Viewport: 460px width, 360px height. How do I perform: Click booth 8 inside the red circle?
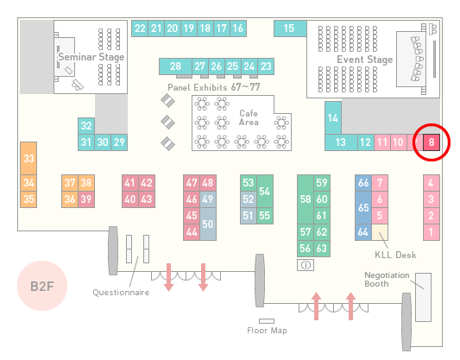click(432, 142)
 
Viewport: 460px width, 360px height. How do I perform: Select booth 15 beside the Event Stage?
click(290, 28)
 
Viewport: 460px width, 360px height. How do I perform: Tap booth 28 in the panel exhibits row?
click(175, 66)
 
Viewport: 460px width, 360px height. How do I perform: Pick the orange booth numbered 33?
click(28, 159)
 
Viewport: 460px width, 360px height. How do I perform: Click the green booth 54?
click(265, 192)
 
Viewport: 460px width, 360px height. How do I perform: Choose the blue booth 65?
click(363, 207)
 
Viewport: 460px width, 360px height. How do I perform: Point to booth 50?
click(208, 224)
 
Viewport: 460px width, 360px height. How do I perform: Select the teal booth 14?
click(333, 118)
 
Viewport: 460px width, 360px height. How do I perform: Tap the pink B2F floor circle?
click(42, 286)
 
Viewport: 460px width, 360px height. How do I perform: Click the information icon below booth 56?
click(306, 265)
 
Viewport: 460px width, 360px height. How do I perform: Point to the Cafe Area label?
click(249, 117)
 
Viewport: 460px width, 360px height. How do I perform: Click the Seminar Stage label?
click(91, 57)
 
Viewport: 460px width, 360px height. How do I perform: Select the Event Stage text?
click(365, 60)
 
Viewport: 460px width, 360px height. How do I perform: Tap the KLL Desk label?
click(395, 255)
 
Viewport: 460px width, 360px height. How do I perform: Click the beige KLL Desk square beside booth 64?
click(380, 232)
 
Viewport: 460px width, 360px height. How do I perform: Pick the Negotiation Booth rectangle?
click(424, 297)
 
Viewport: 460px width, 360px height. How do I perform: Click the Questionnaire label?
click(121, 293)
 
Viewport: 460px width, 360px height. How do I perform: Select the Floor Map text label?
click(267, 331)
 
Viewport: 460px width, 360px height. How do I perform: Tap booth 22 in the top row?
click(140, 28)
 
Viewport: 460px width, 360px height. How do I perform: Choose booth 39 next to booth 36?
click(86, 199)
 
